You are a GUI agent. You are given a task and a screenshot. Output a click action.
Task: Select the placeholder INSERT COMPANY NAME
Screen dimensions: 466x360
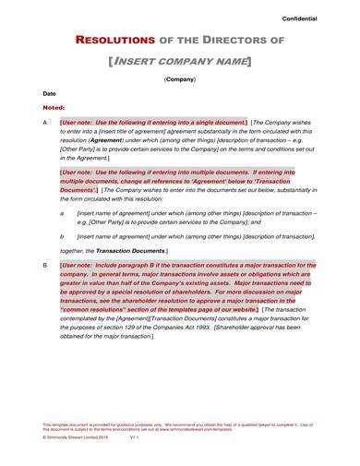pos(180,61)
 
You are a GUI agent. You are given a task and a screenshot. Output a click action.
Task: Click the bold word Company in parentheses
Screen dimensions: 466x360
pos(180,80)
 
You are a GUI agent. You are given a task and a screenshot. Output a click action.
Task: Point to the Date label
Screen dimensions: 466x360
pos(49,94)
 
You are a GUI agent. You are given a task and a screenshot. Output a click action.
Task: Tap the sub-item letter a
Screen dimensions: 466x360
pos(62,212)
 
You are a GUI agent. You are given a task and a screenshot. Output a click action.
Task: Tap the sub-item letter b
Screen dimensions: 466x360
pos(62,236)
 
